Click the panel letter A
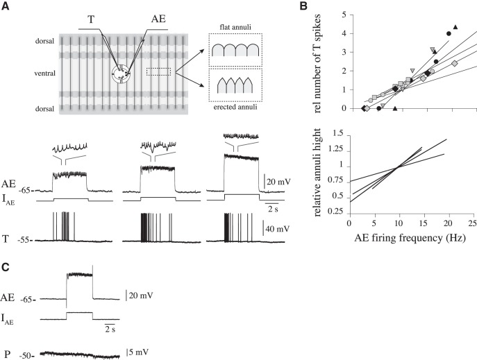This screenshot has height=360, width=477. coord(6,6)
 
